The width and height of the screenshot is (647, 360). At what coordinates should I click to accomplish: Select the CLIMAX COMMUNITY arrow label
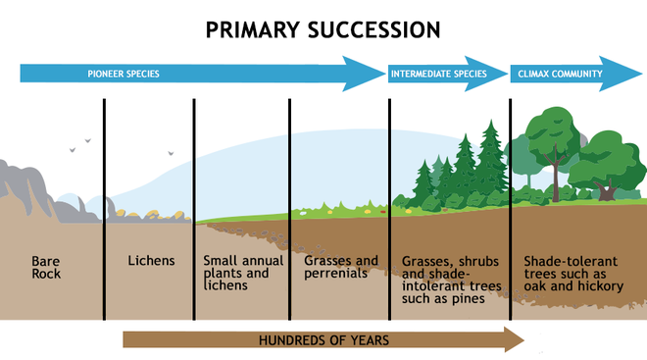tap(557, 74)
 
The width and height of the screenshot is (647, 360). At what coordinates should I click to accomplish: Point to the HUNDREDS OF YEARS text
tap(323, 340)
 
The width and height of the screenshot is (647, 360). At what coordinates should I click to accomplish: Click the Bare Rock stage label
tap(46, 267)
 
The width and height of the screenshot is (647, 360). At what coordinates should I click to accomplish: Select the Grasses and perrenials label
tap(341, 267)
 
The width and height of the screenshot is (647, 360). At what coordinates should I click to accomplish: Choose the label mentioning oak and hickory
tap(572, 274)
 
